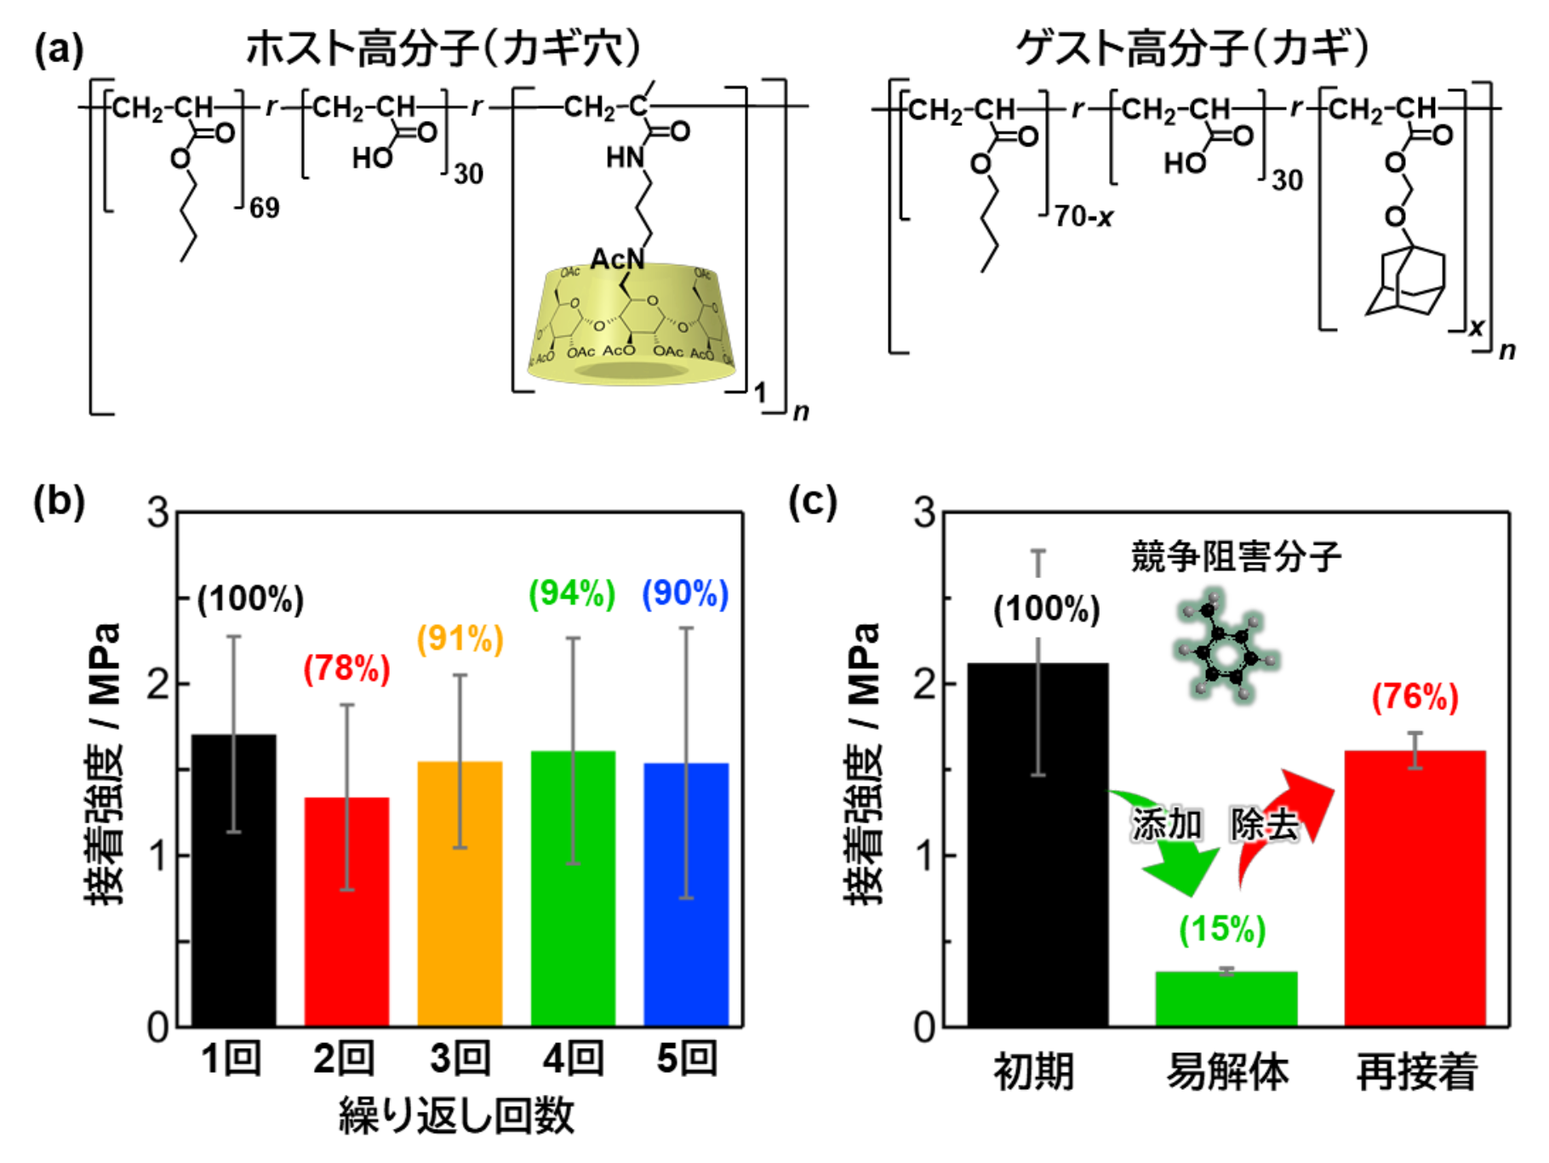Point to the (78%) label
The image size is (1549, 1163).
[346, 668]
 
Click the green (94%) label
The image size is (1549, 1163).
[572, 593]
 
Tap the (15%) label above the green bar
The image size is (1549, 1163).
[1222, 929]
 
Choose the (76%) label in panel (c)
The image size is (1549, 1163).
[1415, 696]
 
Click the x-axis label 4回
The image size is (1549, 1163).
[573, 1059]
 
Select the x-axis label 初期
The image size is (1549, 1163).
[1034, 1071]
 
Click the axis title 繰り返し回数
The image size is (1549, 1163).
[457, 1116]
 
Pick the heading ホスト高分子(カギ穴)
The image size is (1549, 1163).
[443, 47]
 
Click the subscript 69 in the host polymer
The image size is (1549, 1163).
[265, 208]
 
